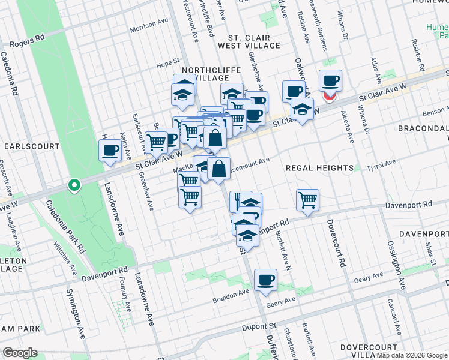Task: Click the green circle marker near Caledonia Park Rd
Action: [x=74, y=185]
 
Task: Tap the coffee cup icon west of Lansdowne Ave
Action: [x=110, y=151]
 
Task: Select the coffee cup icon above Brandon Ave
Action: [x=265, y=280]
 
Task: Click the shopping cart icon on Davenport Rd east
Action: [x=307, y=200]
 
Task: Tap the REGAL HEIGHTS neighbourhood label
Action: [x=319, y=168]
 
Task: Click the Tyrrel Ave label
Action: [x=382, y=163]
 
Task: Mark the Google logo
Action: [x=20, y=353]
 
